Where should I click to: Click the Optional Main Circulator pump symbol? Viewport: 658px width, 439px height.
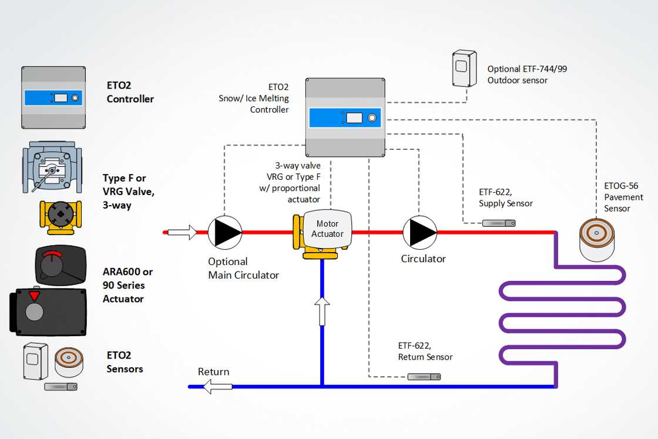coord(224,232)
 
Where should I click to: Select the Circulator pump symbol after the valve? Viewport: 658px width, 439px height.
coord(420,232)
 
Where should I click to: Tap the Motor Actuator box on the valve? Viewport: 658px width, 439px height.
coord(327,229)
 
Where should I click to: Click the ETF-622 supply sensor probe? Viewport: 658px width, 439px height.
coord(498,223)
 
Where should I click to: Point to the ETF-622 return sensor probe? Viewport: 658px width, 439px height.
coord(424,376)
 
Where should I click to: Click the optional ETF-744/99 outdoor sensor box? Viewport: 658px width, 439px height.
coord(462,68)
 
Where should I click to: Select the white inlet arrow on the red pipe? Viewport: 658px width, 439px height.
coord(182,232)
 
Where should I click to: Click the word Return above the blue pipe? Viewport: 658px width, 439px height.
coord(213,372)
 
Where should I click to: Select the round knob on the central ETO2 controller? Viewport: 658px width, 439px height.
coord(372,118)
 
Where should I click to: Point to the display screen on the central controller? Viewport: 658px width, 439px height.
coord(354,118)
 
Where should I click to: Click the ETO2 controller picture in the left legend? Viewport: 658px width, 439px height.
coord(53,98)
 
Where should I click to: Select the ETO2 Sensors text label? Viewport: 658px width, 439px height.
coord(125,362)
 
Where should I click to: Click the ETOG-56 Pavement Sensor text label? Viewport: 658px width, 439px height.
coord(623,197)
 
